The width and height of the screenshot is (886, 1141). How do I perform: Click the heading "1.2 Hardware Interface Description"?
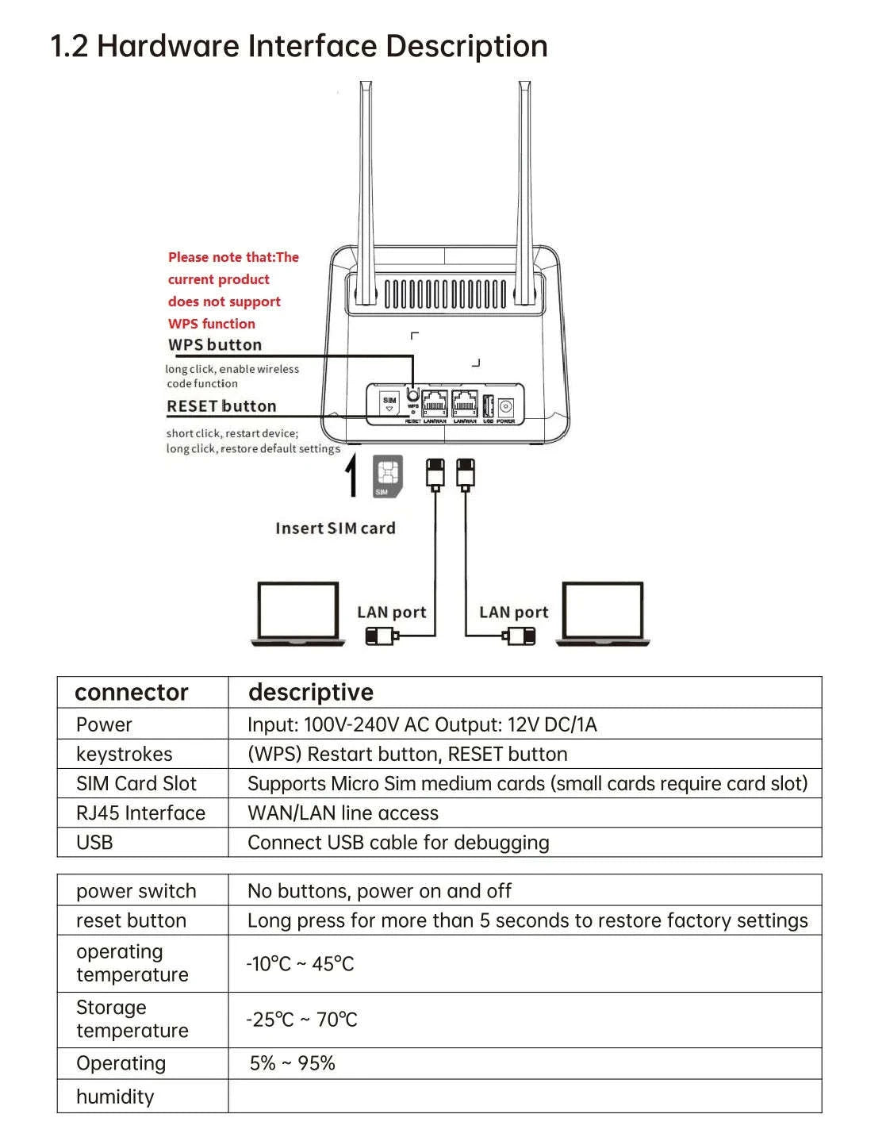[299, 47]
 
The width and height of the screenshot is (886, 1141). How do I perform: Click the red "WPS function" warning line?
[212, 324]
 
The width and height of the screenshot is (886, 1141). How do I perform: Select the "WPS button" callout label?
[215, 345]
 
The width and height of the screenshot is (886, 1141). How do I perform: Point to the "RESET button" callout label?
[221, 406]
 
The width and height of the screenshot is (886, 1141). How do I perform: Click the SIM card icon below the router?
[387, 476]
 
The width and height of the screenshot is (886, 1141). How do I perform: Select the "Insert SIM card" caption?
[335, 528]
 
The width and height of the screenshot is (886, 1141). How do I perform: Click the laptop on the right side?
[603, 613]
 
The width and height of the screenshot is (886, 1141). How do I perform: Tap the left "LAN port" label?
[391, 613]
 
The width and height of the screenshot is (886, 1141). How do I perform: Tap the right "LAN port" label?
[513, 613]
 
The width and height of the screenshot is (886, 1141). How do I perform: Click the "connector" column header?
[132, 693]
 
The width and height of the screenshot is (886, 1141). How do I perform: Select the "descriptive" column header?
[310, 693]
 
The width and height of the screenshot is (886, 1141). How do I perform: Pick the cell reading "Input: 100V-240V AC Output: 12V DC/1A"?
[422, 724]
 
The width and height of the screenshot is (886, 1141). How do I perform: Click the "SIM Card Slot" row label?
[136, 784]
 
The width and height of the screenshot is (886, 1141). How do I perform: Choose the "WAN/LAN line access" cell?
[343, 813]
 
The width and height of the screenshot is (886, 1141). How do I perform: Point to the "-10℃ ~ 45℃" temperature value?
[300, 964]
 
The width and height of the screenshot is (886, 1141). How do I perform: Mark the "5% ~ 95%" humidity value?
[292, 1063]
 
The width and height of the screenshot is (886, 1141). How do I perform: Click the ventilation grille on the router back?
[445, 294]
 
